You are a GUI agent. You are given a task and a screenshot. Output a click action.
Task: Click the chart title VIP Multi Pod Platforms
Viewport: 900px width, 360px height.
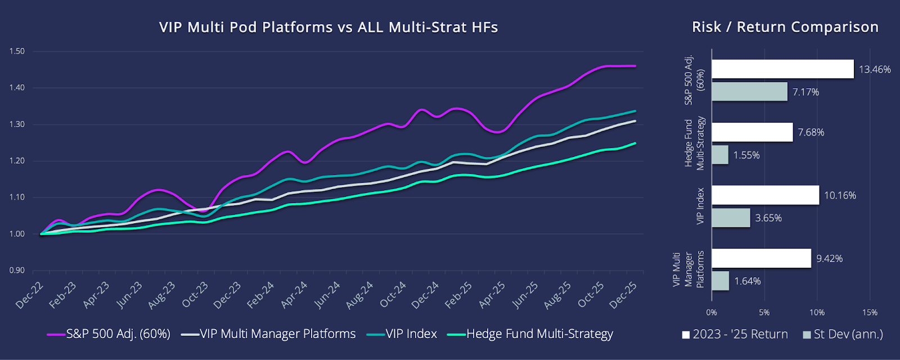[328, 27]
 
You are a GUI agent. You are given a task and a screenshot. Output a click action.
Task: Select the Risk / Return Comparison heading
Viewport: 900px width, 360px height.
[785, 27]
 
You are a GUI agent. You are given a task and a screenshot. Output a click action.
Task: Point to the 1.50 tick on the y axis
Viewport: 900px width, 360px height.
[17, 51]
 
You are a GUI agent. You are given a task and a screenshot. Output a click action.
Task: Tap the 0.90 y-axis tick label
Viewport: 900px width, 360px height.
[17, 271]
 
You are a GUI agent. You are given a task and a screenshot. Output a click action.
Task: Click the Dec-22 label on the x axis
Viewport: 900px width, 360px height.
[29, 295]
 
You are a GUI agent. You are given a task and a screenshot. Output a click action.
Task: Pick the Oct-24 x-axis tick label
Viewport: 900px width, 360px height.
[393, 294]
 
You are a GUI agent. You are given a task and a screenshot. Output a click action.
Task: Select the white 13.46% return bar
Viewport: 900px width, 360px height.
[782, 69]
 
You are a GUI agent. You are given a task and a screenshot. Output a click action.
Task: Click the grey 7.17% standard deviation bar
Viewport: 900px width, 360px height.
[749, 92]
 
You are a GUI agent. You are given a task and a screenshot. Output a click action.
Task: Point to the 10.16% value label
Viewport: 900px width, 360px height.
[840, 196]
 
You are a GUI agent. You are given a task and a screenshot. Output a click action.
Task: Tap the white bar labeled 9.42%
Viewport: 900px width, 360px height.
[761, 258]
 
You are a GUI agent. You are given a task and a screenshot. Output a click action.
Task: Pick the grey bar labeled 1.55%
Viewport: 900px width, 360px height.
[720, 155]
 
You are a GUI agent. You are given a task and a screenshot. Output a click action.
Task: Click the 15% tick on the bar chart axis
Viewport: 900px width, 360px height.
[870, 313]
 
